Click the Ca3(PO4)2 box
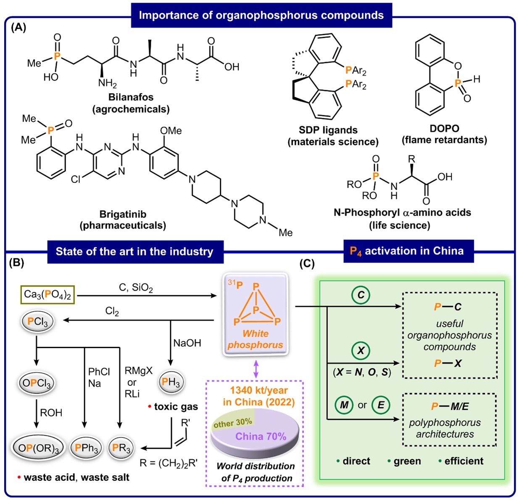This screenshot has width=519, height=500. tap(47, 294)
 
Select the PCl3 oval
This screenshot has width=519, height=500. tap(37, 322)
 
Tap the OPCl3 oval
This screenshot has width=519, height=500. tap(37, 383)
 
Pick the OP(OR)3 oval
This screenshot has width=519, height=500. tap(37, 448)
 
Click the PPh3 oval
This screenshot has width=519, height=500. tap(86, 448)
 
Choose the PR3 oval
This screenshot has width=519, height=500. tap(121, 448)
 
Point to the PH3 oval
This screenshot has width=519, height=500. tap(171, 382)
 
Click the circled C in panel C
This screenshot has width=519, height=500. tap(361, 295)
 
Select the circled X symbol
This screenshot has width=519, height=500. tap(360, 350)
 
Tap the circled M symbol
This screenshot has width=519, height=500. tap(344, 405)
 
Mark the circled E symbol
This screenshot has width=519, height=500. tap(381, 405)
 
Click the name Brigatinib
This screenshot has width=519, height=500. tap(123, 214)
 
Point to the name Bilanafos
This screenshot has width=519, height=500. tap(131, 97)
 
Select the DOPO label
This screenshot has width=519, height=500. tap(444, 128)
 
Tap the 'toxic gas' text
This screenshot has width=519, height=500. tap(176, 406)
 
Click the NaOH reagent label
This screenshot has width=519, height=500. tap(187, 343)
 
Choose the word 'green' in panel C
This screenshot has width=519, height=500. tap(407, 461)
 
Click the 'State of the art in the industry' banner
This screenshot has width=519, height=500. tap(134, 252)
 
